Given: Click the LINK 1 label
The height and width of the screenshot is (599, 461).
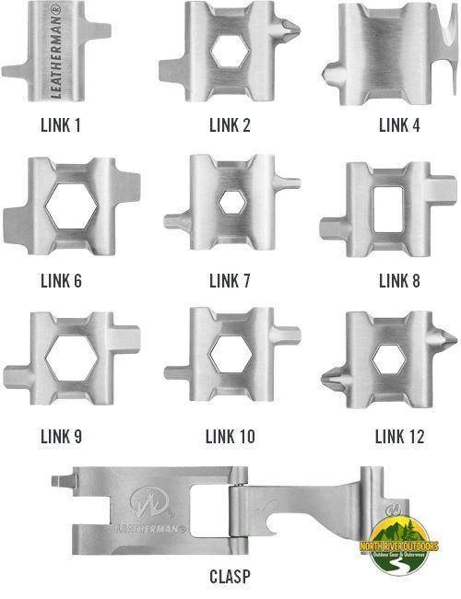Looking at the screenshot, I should point(61,124).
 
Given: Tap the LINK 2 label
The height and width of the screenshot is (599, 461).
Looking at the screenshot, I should point(230,124).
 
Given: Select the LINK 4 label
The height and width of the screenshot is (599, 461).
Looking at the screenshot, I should point(399,124).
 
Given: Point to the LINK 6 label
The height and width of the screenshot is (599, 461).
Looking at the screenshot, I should point(61,280).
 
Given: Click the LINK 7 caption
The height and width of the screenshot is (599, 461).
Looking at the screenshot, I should point(230,280).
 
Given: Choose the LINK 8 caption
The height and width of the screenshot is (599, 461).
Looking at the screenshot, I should point(399,280).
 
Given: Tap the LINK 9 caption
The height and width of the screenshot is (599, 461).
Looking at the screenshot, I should point(61,436).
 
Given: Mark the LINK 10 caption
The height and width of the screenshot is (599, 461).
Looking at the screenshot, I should point(230,436).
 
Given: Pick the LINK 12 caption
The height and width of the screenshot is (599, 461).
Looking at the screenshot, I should point(399,436).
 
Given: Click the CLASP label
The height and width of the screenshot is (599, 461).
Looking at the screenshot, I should point(230,578).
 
